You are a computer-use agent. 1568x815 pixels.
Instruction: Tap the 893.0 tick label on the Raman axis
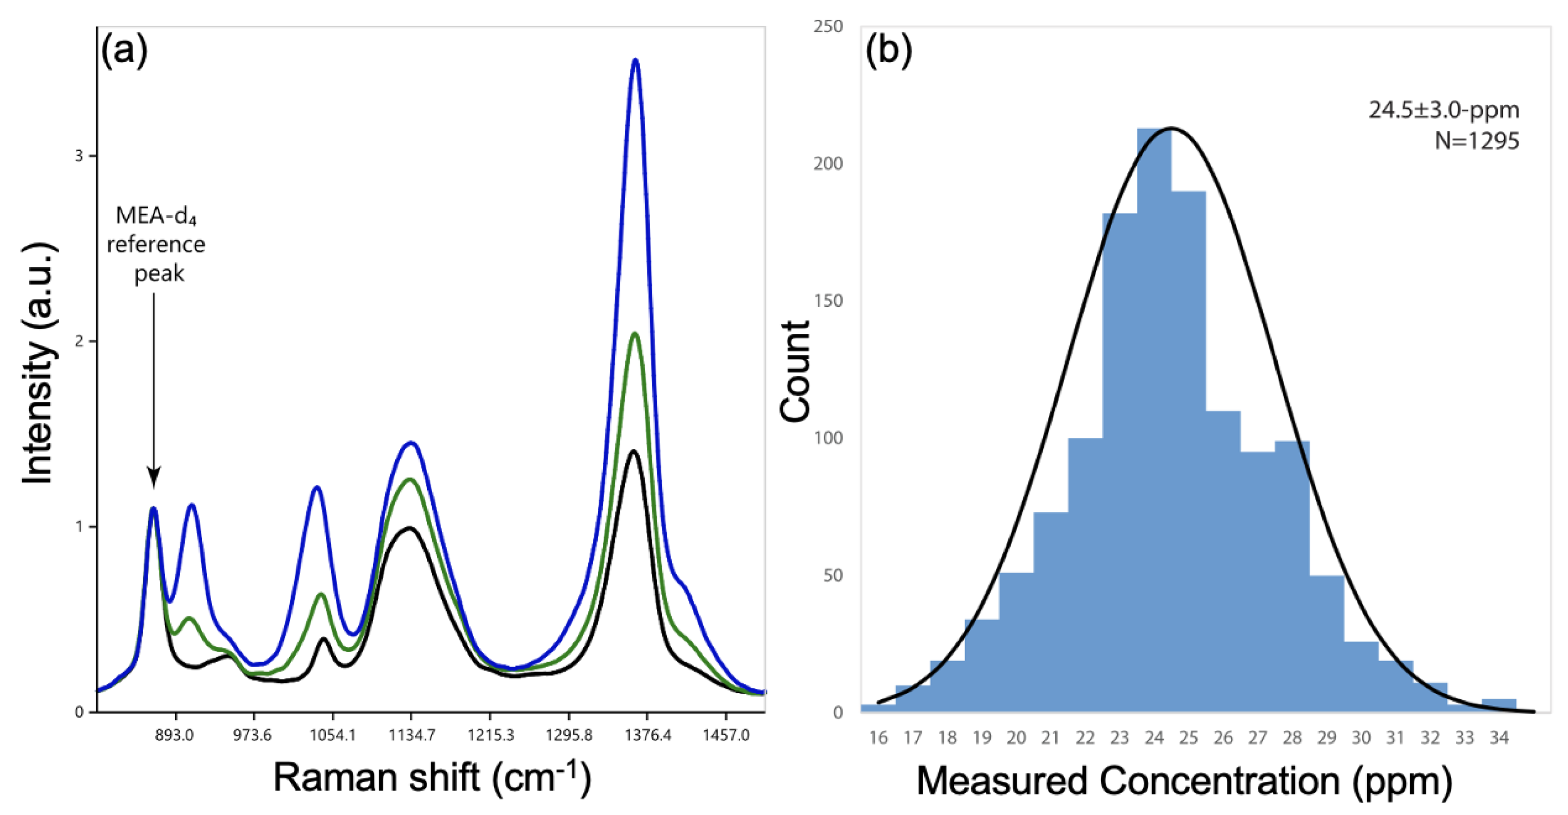tap(175, 735)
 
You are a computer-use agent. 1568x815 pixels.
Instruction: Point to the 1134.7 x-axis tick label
tap(411, 735)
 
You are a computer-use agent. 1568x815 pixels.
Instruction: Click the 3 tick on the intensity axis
tap(79, 156)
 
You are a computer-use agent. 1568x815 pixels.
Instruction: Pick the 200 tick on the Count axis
tap(828, 163)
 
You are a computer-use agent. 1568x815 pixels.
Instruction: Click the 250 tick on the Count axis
tap(828, 26)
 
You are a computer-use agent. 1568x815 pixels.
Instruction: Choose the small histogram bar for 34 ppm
tap(1499, 705)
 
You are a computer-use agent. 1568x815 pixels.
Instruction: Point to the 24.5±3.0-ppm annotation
tap(1444, 110)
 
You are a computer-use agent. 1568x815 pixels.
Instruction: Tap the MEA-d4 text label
tap(156, 216)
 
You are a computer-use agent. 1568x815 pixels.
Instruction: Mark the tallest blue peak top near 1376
tap(635, 60)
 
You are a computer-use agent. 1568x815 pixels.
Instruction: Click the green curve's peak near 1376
tap(635, 334)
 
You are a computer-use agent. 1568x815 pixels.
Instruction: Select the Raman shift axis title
tap(432, 778)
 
